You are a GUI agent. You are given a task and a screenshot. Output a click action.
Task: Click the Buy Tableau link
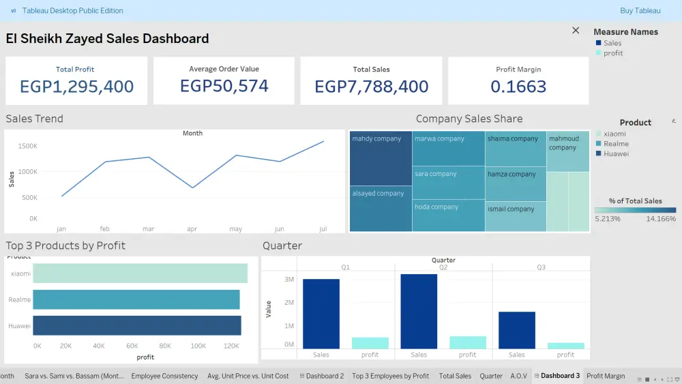640,11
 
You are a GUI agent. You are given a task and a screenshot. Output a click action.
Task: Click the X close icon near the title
576,31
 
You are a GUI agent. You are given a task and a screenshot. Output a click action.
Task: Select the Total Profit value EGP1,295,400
76,87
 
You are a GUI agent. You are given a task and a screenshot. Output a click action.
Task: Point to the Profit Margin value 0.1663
518,87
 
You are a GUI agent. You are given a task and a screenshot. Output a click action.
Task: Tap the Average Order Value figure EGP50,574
224,86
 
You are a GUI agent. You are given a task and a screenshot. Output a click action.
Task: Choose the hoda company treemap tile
448,216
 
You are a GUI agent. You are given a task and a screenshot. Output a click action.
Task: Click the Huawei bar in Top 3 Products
137,325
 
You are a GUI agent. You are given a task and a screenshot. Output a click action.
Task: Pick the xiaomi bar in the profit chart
140,274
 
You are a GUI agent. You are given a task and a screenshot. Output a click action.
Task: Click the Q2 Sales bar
419,311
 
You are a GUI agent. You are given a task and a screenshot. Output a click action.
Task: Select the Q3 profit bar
565,346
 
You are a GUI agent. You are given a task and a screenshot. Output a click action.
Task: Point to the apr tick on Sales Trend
192,229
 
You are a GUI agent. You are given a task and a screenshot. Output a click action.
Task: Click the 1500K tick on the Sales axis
28,147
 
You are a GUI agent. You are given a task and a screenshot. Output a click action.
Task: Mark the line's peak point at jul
323,142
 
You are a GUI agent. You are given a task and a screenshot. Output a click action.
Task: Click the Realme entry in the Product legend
616,144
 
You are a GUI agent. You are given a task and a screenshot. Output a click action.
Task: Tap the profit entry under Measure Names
613,53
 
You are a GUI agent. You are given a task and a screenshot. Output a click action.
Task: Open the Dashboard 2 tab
324,376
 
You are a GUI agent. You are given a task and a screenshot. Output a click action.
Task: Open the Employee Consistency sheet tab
164,376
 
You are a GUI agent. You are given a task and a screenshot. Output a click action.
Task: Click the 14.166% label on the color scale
662,219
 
